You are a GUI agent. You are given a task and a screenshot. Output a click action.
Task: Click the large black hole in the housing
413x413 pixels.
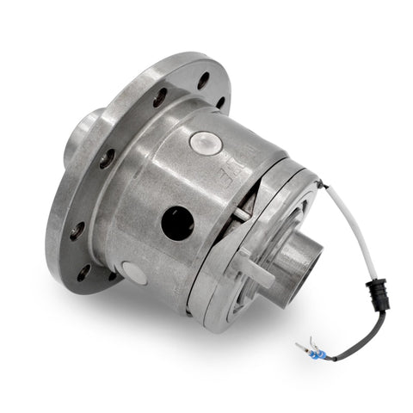pos(177,222)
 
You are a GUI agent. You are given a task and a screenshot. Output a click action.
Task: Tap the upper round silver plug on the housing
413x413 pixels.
pos(203,143)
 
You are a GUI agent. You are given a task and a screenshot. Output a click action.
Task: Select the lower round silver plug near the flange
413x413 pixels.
pos(134,274)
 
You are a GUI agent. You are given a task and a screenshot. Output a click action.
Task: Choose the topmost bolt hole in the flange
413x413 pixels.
pos(204,83)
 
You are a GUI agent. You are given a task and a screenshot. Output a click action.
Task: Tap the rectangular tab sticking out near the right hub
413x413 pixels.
pos(259,275)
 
